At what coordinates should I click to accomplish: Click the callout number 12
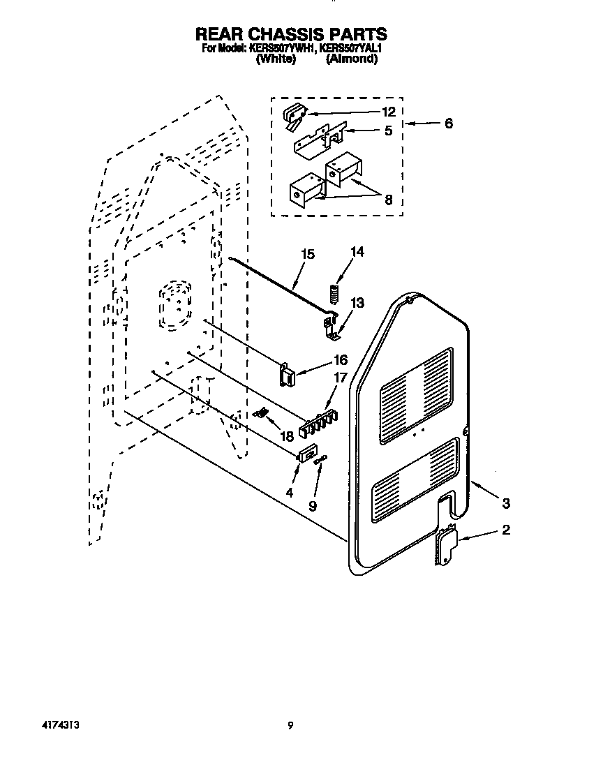(x=388, y=112)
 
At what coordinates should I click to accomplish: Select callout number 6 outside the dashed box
(x=448, y=124)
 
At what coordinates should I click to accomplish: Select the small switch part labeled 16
(x=286, y=376)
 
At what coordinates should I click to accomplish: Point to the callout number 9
(x=312, y=506)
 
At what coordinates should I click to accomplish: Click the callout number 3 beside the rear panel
(x=506, y=502)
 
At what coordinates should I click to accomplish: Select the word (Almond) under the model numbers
(x=352, y=59)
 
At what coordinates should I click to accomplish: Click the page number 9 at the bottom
(x=290, y=725)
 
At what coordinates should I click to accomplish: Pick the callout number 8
(x=388, y=200)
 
